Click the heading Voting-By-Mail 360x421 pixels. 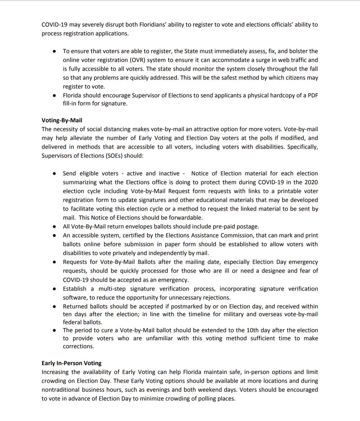click(x=62, y=121)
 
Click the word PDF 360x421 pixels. click(x=312, y=96)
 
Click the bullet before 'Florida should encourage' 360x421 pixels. click(x=54, y=96)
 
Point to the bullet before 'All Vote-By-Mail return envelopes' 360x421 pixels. click(x=54, y=227)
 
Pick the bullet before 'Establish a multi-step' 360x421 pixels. click(x=54, y=289)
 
